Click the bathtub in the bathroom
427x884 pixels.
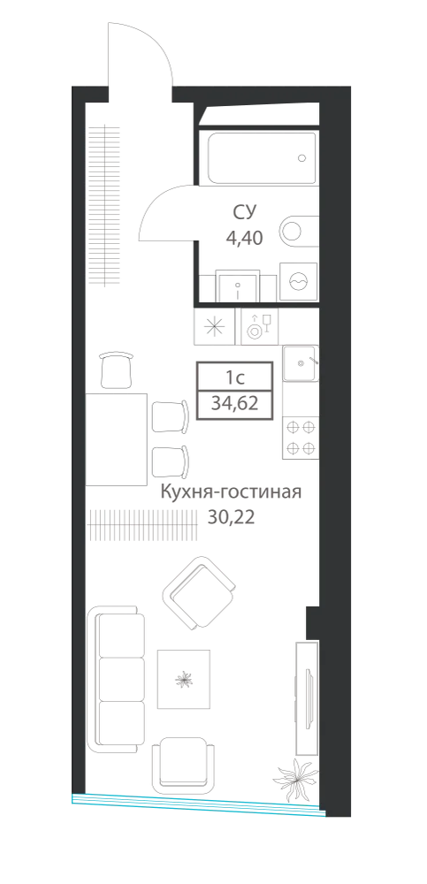coord(262,158)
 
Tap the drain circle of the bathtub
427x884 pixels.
coord(302,158)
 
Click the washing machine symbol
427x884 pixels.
coord(299,281)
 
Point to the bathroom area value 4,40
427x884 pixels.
coord(244,238)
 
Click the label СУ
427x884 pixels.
coord(245,212)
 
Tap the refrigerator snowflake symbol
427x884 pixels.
coord(214,327)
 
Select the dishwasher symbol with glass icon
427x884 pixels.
coord(260,327)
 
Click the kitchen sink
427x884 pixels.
coord(301,362)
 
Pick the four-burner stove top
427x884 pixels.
coord(301,438)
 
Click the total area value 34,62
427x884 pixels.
coord(234,404)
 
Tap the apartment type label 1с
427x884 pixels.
coord(234,375)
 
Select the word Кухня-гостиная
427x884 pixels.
coord(232,492)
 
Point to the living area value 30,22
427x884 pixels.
coord(232,517)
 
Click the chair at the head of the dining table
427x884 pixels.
coord(116,370)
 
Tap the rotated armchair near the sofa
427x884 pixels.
coord(199,593)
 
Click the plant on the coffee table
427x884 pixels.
coord(183,679)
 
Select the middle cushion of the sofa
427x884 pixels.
coord(121,679)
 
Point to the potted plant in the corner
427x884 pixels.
coord(295,780)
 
